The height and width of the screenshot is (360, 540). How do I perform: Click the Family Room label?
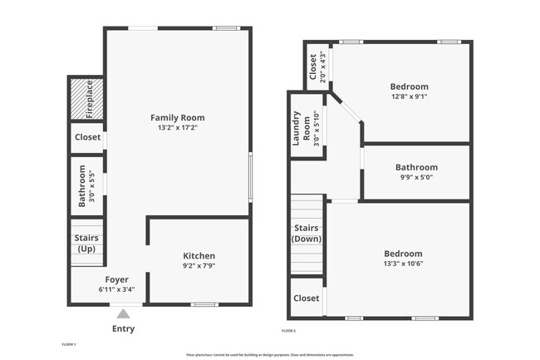pos(177,117)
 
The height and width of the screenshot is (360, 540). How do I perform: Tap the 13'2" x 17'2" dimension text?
pos(177,128)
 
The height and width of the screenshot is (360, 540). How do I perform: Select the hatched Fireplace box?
pos(86,99)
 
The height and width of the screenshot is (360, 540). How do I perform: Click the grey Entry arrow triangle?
pos(123,313)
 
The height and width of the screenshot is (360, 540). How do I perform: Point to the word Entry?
pos(123,328)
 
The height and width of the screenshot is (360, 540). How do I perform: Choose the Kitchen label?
pos(199,255)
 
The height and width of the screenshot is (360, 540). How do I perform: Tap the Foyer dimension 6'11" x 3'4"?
pos(117,289)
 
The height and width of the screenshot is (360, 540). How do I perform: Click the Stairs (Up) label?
pos(86,244)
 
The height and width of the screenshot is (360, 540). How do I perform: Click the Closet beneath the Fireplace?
pos(87,137)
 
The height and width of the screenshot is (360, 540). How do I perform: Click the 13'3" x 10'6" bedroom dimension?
pos(403,264)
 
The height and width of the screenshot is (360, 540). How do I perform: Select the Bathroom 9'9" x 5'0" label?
pos(415,172)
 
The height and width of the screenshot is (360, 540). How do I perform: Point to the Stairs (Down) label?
pos(306,233)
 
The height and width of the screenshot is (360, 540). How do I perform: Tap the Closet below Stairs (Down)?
pos(306,298)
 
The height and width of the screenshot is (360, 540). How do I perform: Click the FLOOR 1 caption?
pos(69,344)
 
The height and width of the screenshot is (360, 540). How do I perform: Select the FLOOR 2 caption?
pos(289,331)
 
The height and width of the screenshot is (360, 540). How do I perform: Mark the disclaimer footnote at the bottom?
pos(269,353)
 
